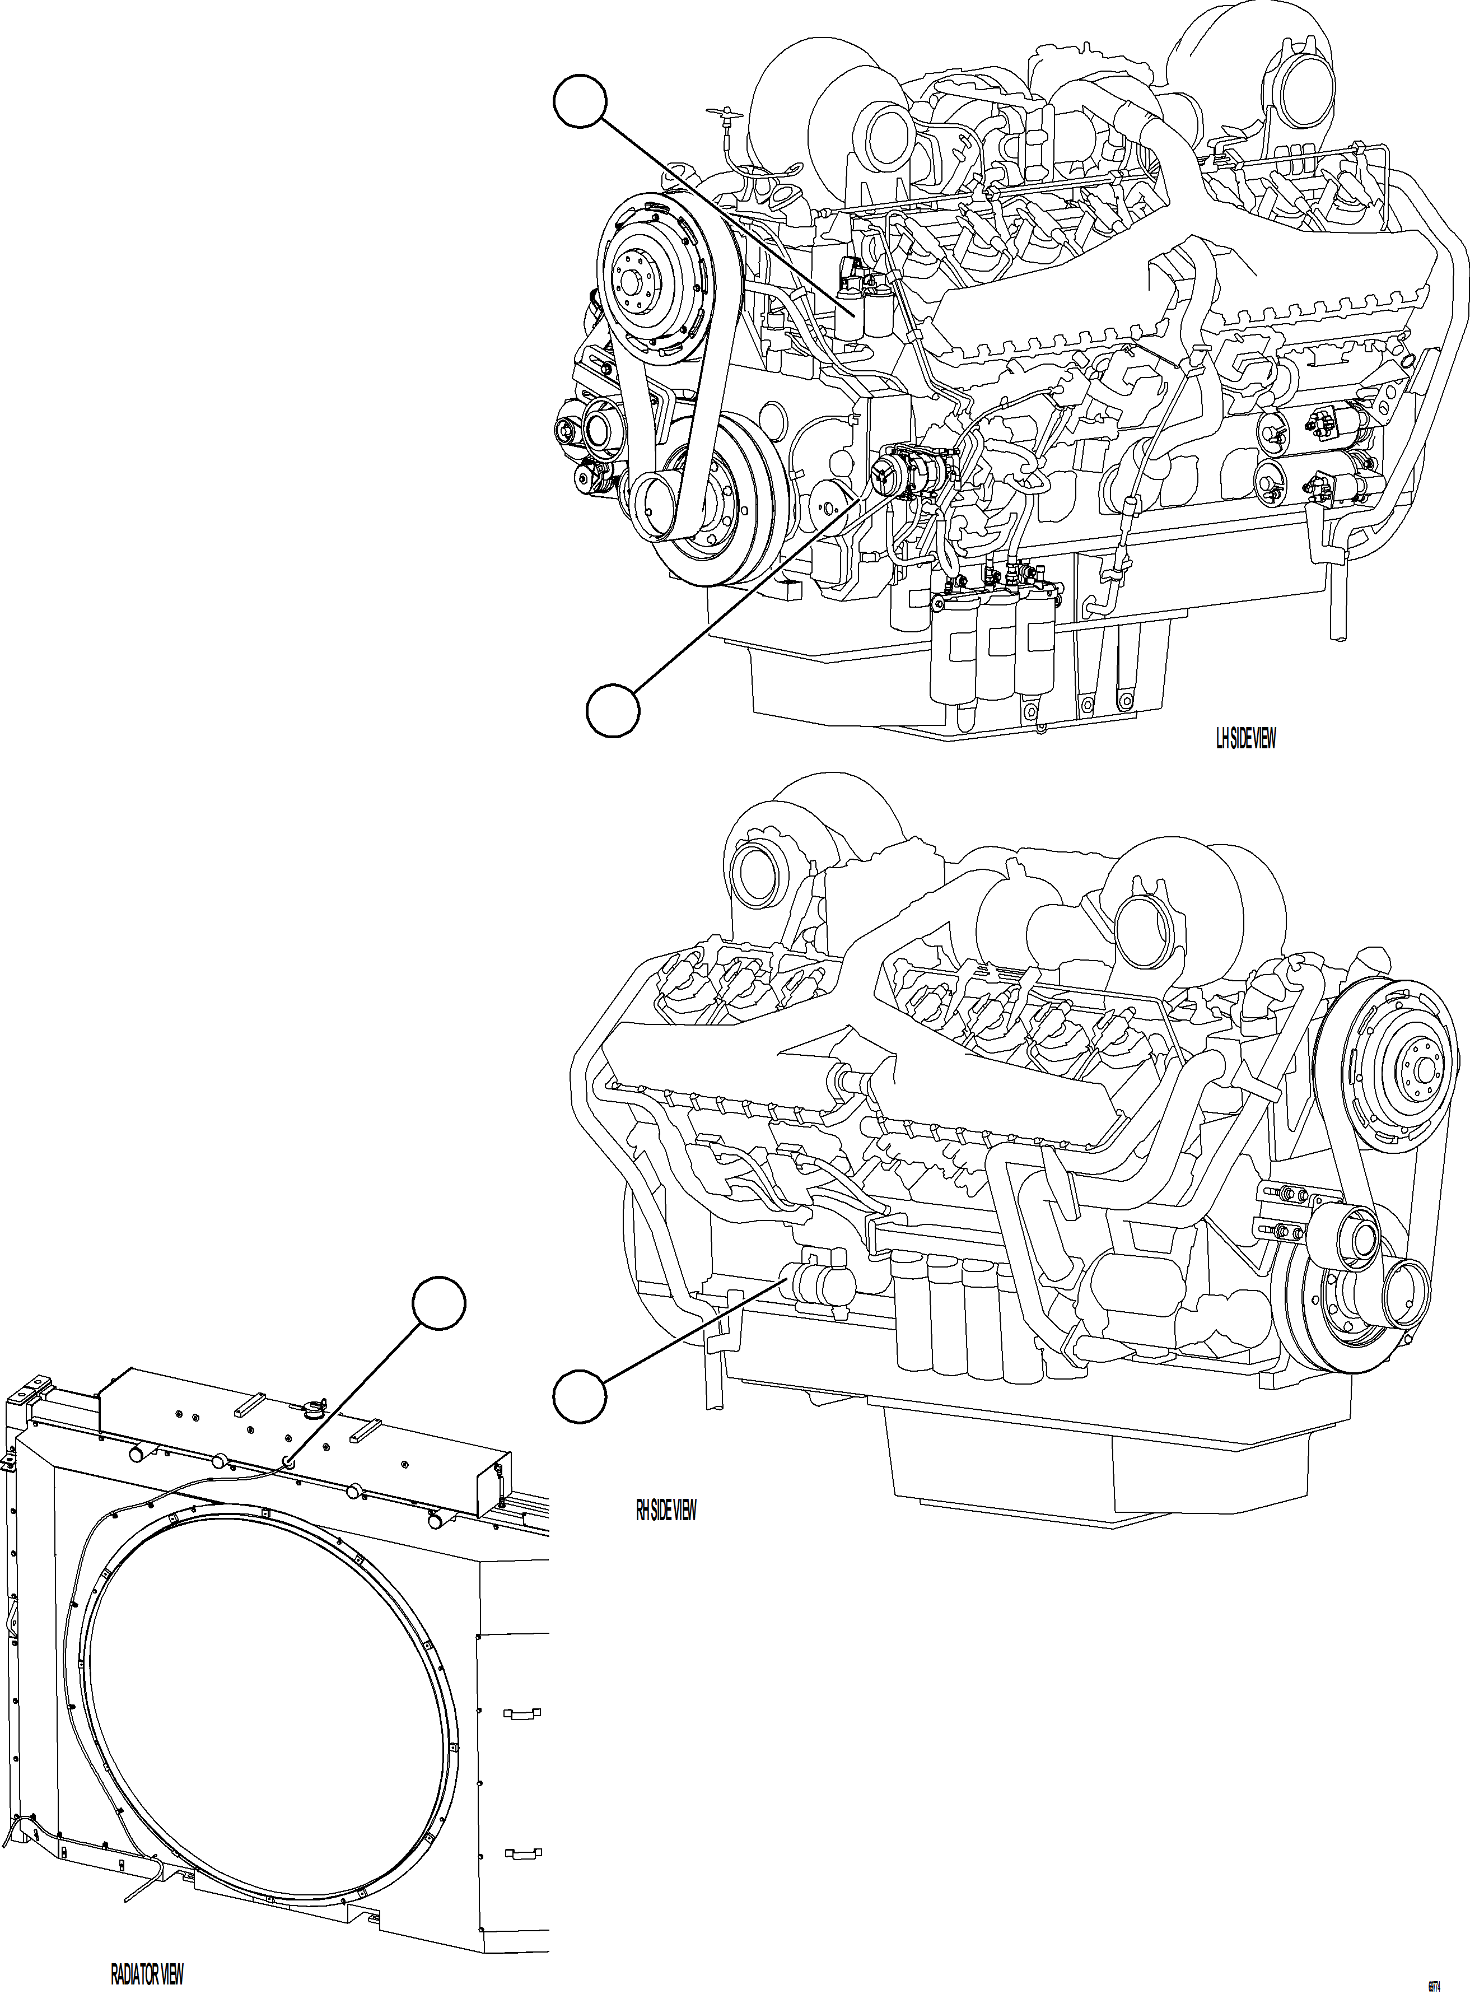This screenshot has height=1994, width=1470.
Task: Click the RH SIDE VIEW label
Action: coord(666,1510)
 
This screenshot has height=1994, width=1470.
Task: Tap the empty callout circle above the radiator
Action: coord(438,1305)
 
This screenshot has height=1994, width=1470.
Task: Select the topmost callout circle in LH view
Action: coord(580,103)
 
